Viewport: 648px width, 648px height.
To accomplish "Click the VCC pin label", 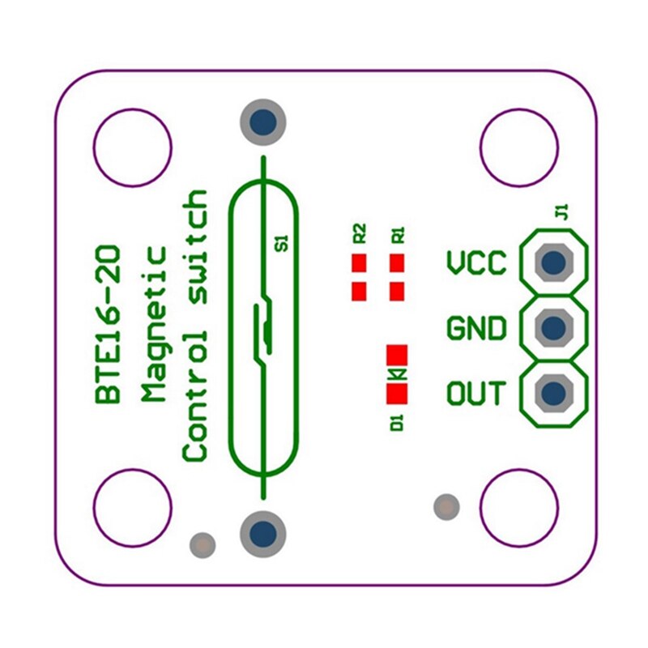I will [476, 263].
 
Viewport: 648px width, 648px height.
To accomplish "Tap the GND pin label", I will [476, 329].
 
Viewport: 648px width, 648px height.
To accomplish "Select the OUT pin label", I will [476, 394].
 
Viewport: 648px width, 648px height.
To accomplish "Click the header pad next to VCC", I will [554, 262].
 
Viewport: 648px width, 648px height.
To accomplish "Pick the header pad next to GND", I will [554, 328].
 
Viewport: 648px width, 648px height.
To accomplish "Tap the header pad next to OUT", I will [554, 394].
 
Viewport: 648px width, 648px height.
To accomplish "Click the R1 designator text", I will [398, 235].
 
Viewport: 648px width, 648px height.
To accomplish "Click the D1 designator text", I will [397, 422].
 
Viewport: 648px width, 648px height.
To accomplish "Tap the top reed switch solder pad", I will [262, 122].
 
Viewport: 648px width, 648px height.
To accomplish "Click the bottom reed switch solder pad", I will [262, 534].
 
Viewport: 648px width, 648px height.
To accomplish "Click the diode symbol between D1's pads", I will [397, 374].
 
